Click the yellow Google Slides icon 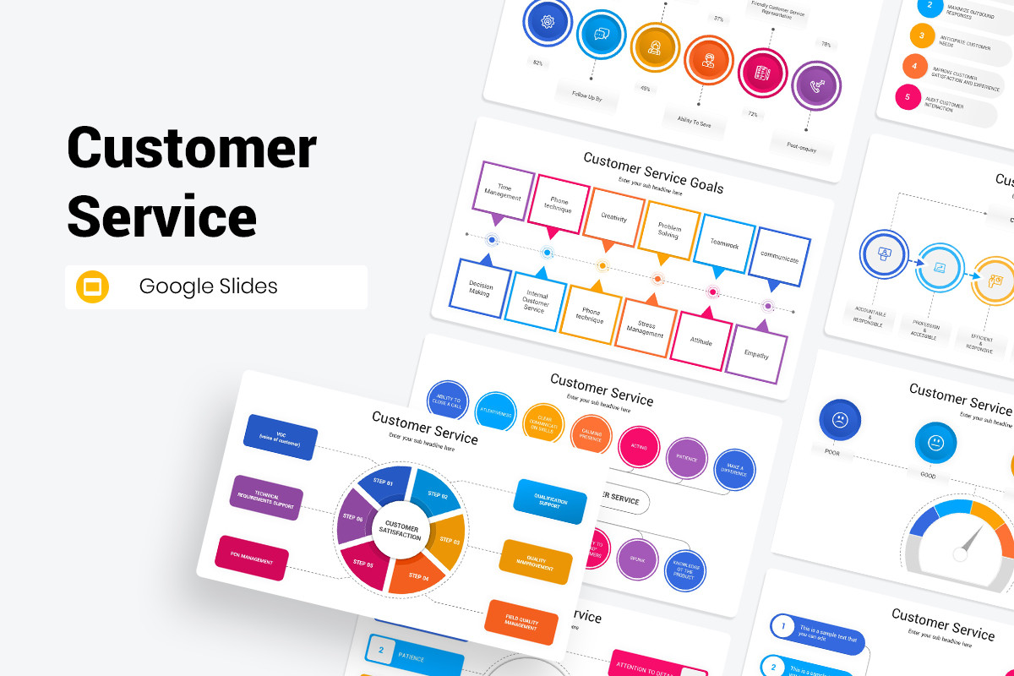(93, 286)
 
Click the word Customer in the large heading (192, 149)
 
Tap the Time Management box (504, 191)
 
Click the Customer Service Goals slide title (652, 172)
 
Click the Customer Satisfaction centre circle (400, 532)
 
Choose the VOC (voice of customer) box (281, 437)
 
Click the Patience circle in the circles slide (687, 459)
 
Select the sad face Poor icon (840, 420)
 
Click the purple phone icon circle (817, 85)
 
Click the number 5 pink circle (908, 96)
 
